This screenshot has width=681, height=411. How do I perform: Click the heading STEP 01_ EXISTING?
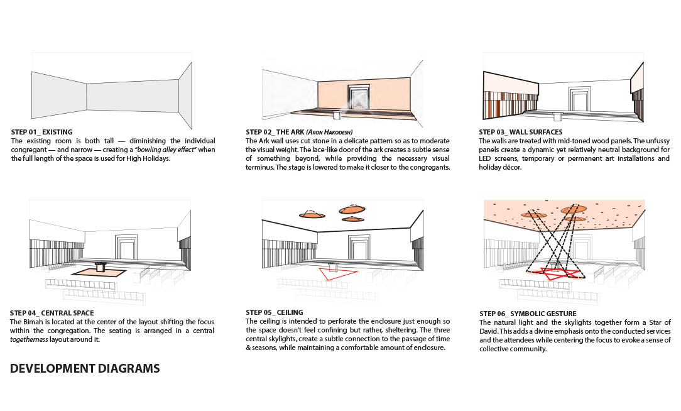click(41, 132)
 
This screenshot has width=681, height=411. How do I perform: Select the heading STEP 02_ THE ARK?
click(275, 132)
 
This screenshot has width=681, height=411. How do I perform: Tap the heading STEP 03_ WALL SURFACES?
click(521, 132)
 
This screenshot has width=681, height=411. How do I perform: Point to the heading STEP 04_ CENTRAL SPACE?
click(52, 313)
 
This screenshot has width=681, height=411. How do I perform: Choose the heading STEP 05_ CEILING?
click(275, 312)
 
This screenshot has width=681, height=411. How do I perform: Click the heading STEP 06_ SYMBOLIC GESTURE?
click(528, 314)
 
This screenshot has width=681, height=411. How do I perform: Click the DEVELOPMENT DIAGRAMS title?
click(85, 368)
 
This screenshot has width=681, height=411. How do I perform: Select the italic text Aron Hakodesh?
click(329, 132)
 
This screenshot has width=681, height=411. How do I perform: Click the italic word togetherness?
click(29, 339)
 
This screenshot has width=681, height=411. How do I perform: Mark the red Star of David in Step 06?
click(556, 274)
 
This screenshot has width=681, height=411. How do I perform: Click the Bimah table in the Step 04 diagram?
click(101, 267)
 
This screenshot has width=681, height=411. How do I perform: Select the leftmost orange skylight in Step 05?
click(312, 214)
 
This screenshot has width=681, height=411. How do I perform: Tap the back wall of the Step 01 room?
click(133, 96)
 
